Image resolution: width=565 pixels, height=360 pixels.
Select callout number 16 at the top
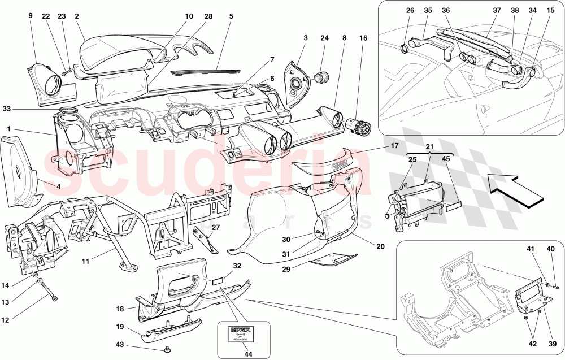(363, 38)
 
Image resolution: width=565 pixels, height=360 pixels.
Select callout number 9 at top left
(31, 16)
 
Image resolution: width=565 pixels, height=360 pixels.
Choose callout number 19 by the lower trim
(120, 327)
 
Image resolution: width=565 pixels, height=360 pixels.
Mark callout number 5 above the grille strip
(231, 16)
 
